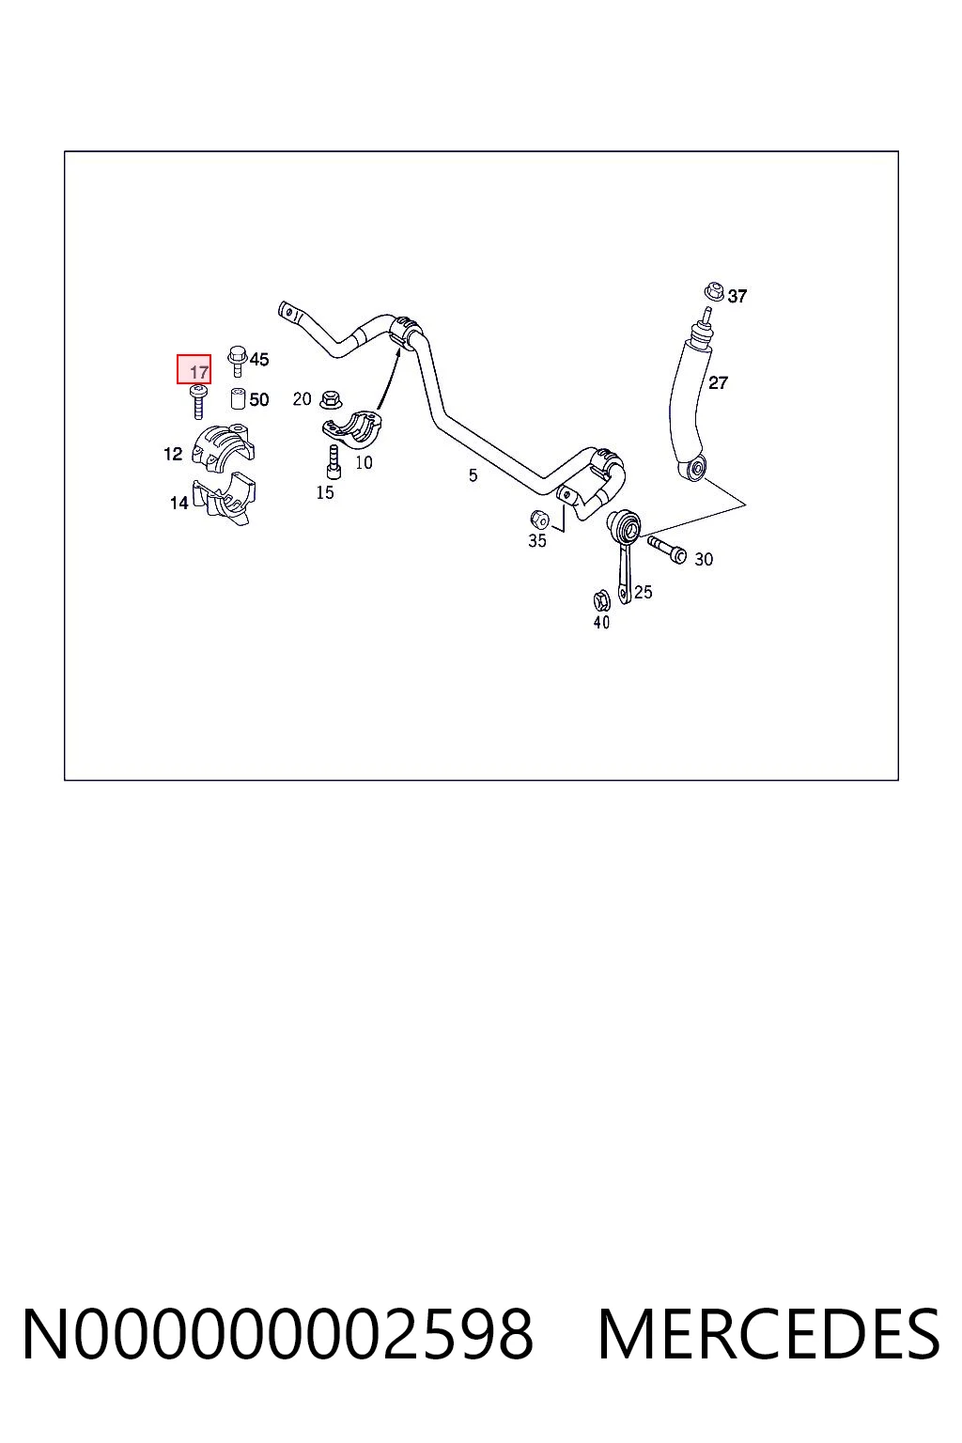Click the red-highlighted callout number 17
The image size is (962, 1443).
tap(199, 372)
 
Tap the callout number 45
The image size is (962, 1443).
tap(259, 359)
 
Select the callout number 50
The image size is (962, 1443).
tap(259, 399)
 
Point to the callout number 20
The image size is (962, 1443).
tap(303, 398)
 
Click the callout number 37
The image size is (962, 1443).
tap(737, 296)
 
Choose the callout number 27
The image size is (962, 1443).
tap(718, 382)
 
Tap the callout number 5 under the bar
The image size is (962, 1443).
tap(473, 475)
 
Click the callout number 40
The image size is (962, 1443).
tap(601, 622)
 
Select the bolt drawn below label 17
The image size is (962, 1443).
tap(198, 401)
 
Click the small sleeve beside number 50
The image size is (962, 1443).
tap(238, 398)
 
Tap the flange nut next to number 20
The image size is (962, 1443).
tap(331, 398)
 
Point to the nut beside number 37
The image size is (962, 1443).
tap(714, 291)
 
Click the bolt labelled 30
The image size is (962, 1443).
tap(666, 549)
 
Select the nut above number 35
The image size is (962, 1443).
tap(538, 519)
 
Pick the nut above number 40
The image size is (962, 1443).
tap(602, 599)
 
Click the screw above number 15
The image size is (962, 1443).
tap(334, 461)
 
